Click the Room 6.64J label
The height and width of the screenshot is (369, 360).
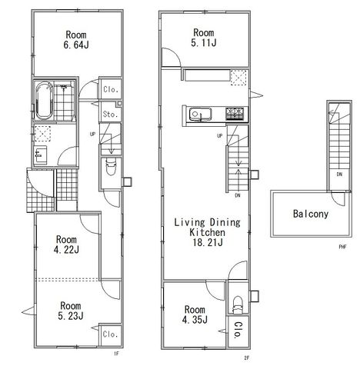(76, 40)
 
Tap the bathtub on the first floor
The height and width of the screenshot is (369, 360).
(44, 101)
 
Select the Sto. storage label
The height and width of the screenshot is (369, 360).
(110, 114)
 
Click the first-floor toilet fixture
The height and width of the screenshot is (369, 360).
(111, 166)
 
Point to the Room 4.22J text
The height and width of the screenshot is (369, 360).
(66, 244)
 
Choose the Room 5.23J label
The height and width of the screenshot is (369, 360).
(71, 311)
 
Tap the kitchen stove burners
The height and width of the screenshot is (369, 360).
(235, 114)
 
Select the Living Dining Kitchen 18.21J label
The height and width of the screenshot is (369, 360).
(207, 232)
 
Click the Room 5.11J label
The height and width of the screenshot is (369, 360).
(204, 38)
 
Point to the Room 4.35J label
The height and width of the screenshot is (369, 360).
(195, 314)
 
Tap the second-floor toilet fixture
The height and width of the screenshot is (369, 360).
(238, 304)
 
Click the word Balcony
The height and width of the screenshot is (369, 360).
(311, 214)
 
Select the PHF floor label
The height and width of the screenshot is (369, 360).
(342, 247)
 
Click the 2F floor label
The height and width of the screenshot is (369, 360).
(247, 358)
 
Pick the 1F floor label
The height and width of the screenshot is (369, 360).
(117, 354)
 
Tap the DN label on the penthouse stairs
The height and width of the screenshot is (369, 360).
(339, 175)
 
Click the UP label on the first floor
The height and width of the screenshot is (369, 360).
(92, 134)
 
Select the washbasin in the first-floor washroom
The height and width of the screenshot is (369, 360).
(41, 155)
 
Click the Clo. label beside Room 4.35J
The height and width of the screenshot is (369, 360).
(238, 331)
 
